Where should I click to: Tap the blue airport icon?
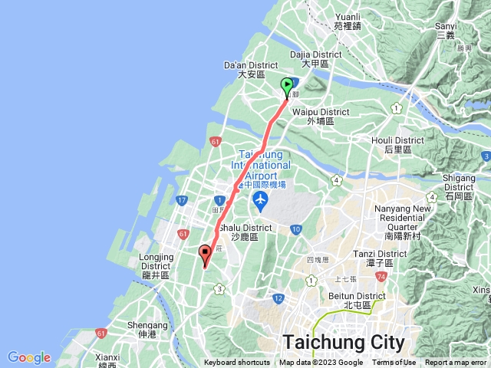(260, 201)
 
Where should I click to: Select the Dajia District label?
(316, 60)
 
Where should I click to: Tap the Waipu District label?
(320, 117)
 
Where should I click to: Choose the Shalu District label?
(245, 232)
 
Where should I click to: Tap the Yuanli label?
(348, 21)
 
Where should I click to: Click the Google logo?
(29, 357)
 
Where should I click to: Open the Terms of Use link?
(394, 363)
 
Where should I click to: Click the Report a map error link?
(456, 363)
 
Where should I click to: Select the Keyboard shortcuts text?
(237, 363)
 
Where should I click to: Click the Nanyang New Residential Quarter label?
(401, 223)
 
